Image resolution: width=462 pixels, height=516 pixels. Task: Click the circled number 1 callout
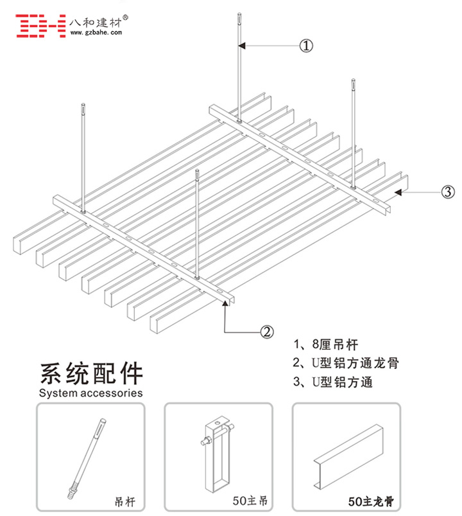(x=307, y=46)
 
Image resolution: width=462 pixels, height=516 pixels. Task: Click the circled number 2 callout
(x=266, y=332)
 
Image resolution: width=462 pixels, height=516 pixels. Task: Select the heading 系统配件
(x=91, y=373)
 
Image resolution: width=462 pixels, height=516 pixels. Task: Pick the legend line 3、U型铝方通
(x=332, y=382)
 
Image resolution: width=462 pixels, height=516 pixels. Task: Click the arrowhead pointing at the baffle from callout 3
(x=398, y=191)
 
